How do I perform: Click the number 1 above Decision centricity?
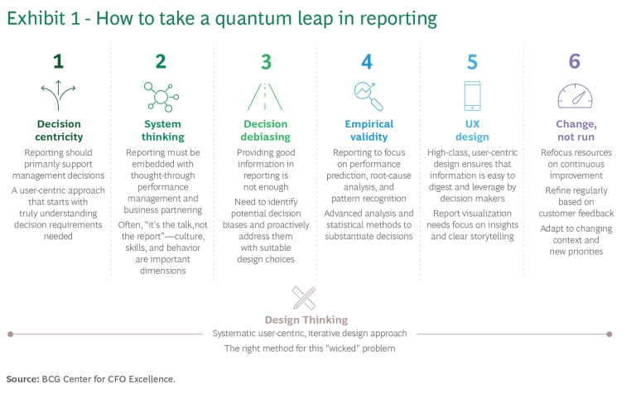pos(58,61)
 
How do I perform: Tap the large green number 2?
pos(161,61)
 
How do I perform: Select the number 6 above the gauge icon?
pos(574,61)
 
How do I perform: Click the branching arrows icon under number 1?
pos(59,96)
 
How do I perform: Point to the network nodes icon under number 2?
pos(161,96)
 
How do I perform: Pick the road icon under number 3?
pos(264,97)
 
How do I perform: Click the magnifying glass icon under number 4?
pos(367,97)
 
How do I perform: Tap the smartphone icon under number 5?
pos(472,96)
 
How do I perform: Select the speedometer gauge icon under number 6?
pos(574,95)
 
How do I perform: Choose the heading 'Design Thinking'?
pos(306,320)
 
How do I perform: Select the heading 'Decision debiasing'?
pos(266,131)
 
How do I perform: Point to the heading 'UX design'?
pos(472,131)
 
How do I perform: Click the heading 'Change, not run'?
pos(575,131)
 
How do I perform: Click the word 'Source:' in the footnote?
pos(22,379)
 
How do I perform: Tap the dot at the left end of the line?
pos(10,334)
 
